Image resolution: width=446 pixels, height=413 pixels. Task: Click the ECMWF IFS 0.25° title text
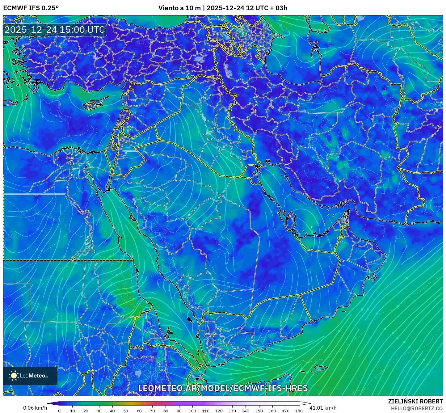31,8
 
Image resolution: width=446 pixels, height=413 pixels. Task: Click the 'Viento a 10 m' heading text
179,8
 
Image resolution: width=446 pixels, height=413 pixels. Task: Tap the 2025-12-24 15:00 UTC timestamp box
55,30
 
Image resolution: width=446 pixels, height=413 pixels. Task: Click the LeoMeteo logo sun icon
14,375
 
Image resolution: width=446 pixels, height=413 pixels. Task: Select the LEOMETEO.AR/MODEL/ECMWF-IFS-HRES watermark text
223,388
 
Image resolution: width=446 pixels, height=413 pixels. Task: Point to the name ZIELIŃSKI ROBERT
415,401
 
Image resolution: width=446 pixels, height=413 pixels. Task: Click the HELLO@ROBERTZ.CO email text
417,408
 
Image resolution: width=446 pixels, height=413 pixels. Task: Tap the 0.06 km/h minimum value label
35,408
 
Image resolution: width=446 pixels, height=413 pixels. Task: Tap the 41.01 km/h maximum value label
323,408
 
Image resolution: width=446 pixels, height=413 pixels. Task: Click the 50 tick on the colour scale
126,411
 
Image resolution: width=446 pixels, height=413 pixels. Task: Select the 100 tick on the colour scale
192,411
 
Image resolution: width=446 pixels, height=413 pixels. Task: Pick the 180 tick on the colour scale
299,411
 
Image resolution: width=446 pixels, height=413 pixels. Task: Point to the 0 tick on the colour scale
59,411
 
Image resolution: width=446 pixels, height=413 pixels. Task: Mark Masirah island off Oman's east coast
374,277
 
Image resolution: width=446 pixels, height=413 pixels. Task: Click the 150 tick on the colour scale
259,411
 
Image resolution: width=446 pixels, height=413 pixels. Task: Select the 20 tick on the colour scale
86,411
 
